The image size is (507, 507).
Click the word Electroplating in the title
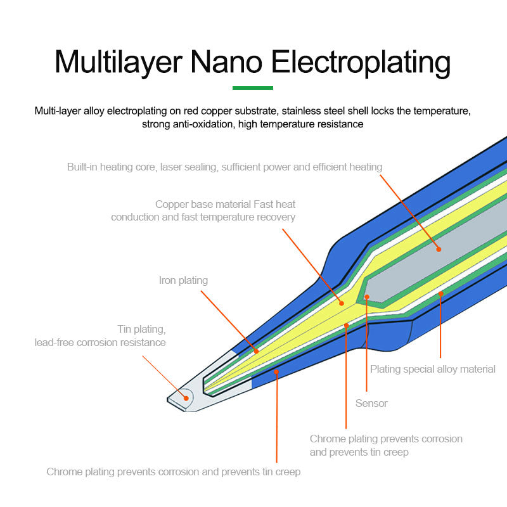(361, 62)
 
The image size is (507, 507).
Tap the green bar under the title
(253, 88)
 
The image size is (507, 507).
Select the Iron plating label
(183, 280)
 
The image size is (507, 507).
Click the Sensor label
(371, 403)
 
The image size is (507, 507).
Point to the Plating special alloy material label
(433, 369)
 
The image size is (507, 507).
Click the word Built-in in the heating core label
(84, 167)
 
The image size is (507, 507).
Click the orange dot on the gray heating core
(438, 249)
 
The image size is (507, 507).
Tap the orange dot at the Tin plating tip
(186, 398)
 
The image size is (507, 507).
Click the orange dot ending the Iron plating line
(256, 350)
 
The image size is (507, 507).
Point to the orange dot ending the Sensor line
(367, 297)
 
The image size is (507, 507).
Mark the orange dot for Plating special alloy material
(440, 293)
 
